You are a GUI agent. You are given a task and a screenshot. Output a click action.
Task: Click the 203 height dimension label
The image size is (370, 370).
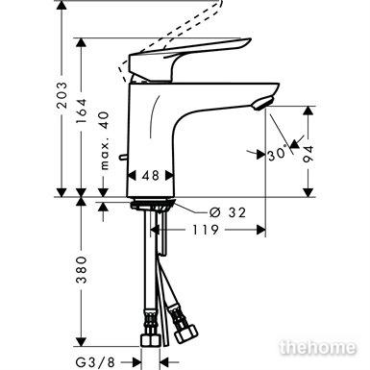pos(62,95)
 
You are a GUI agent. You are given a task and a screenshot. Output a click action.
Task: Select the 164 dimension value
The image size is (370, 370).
pos(81,111)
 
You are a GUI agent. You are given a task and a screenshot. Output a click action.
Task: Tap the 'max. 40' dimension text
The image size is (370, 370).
pos(104,140)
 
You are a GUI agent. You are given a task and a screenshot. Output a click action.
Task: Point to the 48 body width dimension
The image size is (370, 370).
pos(151,175)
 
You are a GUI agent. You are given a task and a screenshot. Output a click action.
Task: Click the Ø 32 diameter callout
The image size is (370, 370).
pos(228,212)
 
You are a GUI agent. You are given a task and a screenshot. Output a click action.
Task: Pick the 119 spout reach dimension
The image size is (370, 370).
pos(206,230)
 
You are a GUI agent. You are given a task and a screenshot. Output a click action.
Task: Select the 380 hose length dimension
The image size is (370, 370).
pos(81,269)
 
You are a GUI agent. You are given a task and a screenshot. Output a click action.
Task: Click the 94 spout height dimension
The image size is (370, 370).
pos(308,154)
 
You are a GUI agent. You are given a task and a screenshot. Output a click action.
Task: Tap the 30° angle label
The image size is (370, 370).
pos(277,154)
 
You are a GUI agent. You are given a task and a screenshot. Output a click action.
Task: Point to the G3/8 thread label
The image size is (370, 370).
pos(95,362)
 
